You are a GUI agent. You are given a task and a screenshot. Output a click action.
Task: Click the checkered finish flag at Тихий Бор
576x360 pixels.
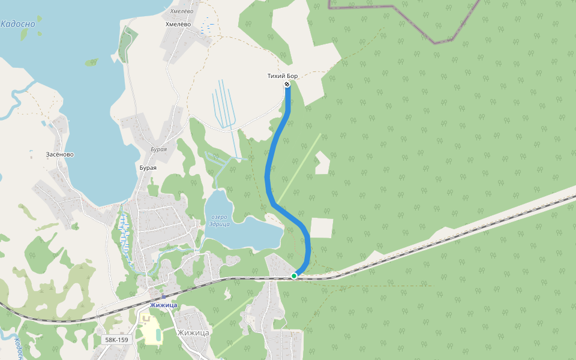pos(287,85)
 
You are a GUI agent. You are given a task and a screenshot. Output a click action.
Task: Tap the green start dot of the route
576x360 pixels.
pos(294,275)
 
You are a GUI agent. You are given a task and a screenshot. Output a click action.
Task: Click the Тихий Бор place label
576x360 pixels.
pos(282,76)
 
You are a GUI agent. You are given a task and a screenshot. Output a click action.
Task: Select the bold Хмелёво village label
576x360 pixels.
pos(178,24)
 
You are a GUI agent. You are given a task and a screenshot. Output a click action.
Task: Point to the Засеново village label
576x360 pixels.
pos(60,154)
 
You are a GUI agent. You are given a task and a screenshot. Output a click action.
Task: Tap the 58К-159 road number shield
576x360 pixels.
pos(116,340)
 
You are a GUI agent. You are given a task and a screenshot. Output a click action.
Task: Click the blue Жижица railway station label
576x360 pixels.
pos(163,305)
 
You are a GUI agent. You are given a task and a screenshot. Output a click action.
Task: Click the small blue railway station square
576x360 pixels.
pos(163,296)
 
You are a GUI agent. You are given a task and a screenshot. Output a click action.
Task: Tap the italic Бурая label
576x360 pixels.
pos(158,149)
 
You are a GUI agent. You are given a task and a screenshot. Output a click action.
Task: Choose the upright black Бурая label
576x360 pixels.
pos(148,167)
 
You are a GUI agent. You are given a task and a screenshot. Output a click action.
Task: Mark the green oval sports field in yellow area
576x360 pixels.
pos(158,334)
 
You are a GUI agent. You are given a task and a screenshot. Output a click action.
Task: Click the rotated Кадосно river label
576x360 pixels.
pos(18,349)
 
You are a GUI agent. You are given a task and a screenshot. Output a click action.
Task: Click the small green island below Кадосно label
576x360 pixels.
pos(24,35)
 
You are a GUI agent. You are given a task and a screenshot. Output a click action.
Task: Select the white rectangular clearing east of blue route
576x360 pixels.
pos(321,228)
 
